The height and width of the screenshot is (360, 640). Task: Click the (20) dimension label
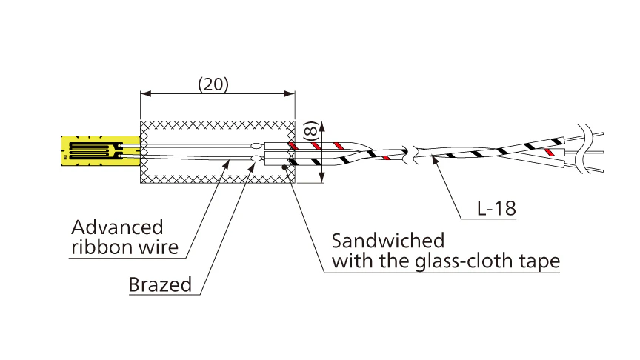tap(213, 84)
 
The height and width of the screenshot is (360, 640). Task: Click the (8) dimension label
tap(311, 135)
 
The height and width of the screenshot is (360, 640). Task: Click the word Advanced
tap(117, 227)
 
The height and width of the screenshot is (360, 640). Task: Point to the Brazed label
tap(159, 284)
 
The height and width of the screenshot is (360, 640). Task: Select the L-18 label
tap(494, 210)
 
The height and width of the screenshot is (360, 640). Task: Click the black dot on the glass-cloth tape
tap(286, 167)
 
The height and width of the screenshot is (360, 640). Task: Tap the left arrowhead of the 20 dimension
tap(144, 94)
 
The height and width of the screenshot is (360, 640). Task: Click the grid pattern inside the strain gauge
tap(97, 151)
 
